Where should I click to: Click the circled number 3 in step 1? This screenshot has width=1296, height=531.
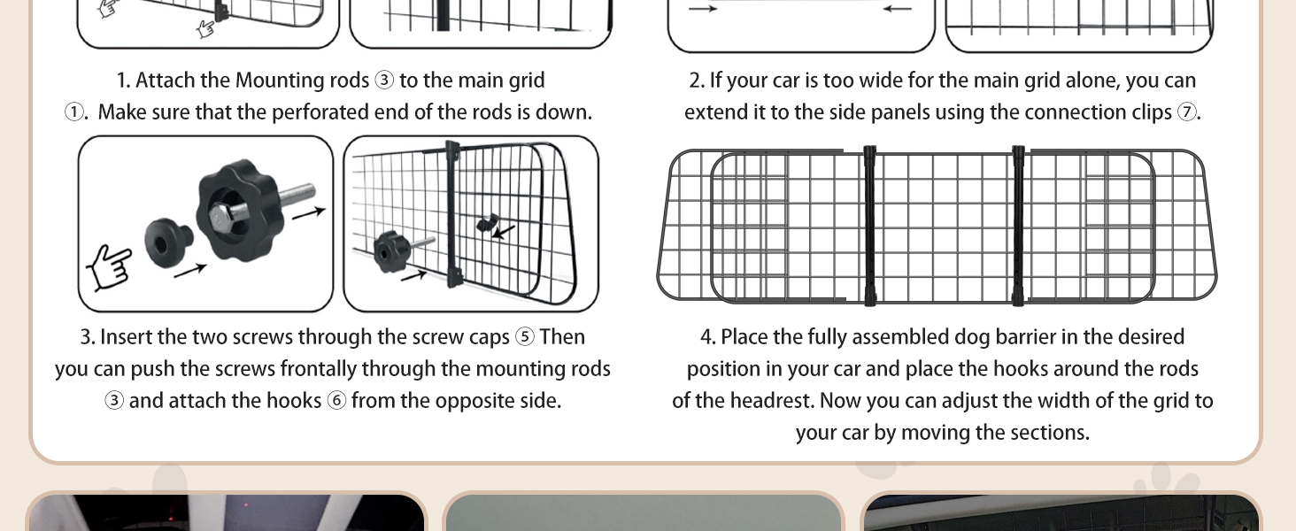[x=384, y=81]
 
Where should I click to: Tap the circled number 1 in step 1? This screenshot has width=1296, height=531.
[x=74, y=112]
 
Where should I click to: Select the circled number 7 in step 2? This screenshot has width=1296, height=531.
[x=1187, y=112]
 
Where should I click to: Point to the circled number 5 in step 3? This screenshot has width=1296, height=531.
[x=525, y=337]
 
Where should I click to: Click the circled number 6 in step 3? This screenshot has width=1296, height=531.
[x=336, y=401]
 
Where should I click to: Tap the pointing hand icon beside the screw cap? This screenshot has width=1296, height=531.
[x=109, y=268]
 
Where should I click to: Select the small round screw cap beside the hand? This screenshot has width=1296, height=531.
[x=168, y=242]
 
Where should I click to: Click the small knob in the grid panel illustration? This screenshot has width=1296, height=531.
[x=391, y=251]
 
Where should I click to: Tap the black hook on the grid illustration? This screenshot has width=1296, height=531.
[x=487, y=223]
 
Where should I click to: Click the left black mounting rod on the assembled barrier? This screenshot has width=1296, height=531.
[x=869, y=226]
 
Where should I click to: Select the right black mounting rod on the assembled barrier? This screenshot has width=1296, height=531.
[x=1018, y=226]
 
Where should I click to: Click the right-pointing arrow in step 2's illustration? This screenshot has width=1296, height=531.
[x=703, y=9]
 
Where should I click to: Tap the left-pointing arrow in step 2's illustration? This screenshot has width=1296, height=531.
[x=898, y=9]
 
